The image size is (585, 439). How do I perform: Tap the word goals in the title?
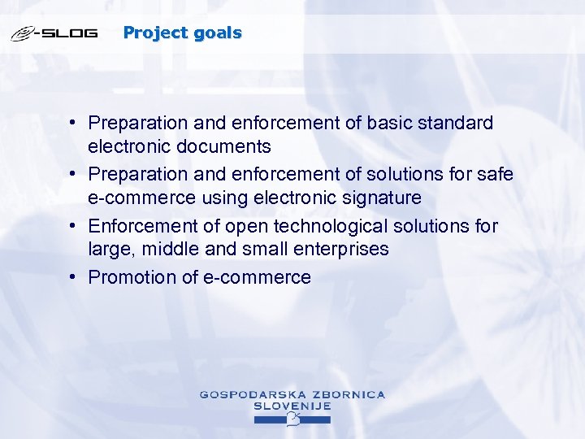(219, 33)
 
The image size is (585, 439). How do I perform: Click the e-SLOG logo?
(54, 34)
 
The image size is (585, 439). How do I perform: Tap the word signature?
(380, 198)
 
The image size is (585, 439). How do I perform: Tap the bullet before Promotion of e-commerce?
(73, 276)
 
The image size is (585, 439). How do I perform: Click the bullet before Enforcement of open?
(73, 224)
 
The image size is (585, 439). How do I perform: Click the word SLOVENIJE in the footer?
(292, 406)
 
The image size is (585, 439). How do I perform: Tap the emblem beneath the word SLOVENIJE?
(293, 419)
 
